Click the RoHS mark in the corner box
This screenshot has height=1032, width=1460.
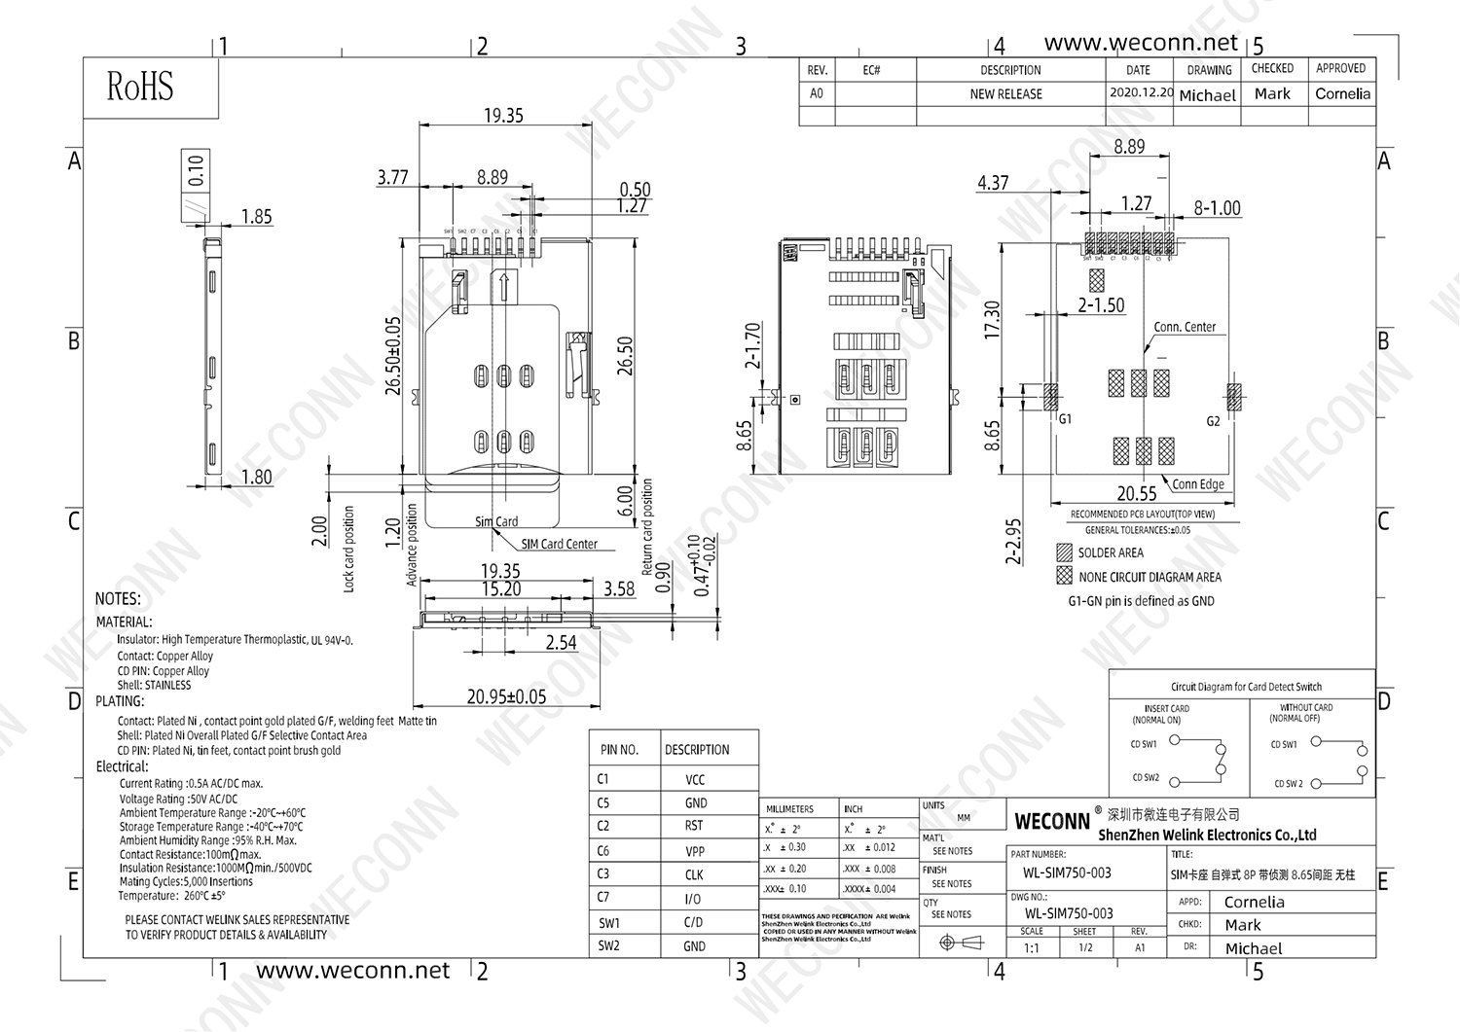(x=140, y=87)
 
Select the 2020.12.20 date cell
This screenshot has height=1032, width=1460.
(x=1140, y=93)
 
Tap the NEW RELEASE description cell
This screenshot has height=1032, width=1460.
(x=1005, y=94)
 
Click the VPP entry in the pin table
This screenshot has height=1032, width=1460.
(x=694, y=851)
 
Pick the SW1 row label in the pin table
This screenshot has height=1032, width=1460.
(x=609, y=923)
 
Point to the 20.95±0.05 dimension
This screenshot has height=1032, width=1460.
(x=506, y=696)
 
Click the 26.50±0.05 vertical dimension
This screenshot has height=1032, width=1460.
(x=393, y=355)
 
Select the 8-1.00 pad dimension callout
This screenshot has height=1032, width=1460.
(x=1217, y=208)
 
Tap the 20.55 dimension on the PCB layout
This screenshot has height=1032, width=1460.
(x=1137, y=494)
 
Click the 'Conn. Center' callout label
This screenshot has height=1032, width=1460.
(x=1185, y=327)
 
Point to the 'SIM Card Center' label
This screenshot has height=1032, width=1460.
(x=559, y=544)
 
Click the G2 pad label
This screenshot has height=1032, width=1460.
(x=1213, y=421)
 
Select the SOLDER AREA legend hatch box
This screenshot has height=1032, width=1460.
(x=1064, y=552)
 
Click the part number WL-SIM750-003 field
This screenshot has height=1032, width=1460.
(x=1060, y=872)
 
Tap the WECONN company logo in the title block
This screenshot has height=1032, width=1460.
(x=1052, y=821)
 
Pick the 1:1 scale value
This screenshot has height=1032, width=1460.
(x=1031, y=947)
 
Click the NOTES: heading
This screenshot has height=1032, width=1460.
(x=118, y=599)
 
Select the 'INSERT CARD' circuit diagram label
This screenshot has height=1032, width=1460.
(x=1166, y=709)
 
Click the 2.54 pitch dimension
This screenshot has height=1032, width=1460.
(x=561, y=643)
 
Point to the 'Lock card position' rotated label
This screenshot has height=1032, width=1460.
(x=349, y=549)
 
